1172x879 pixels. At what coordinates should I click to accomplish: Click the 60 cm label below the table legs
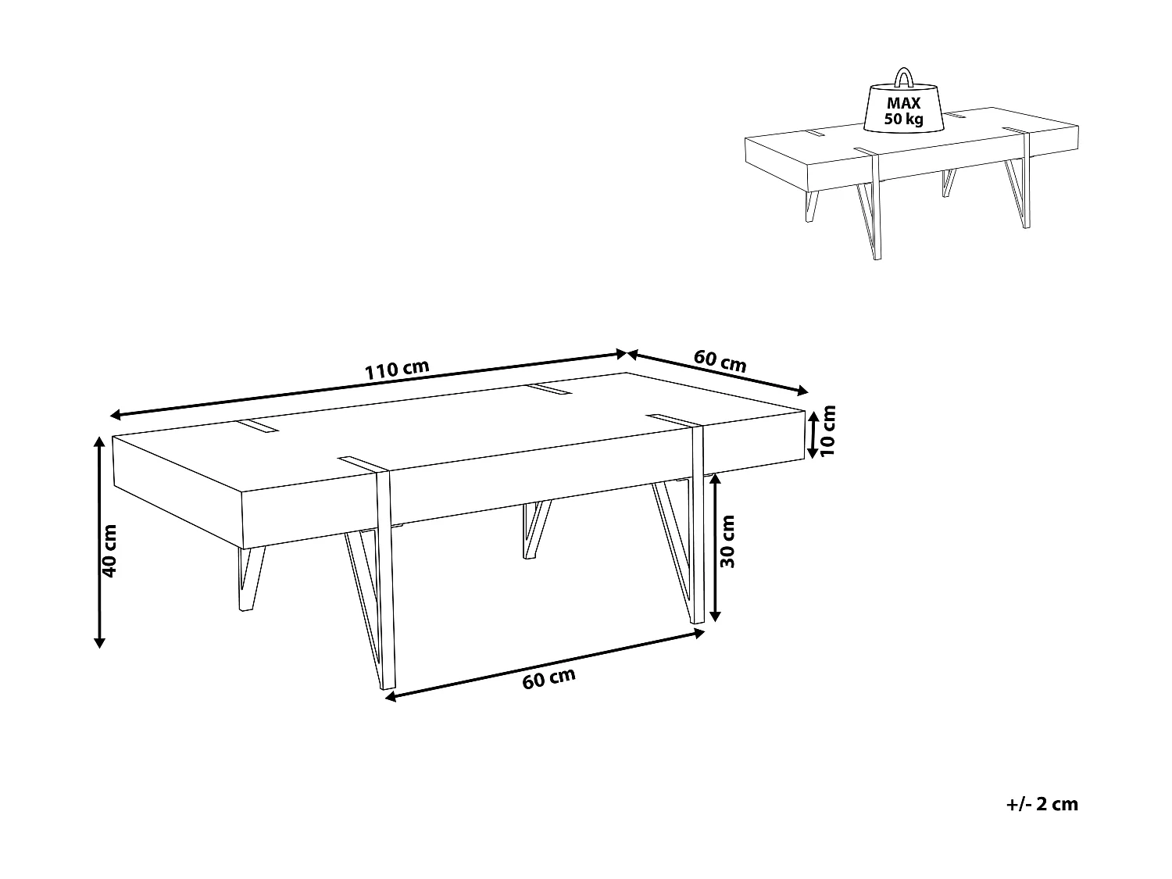pyautogui.click(x=548, y=679)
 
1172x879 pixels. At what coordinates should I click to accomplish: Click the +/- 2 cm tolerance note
pyautogui.click(x=1042, y=804)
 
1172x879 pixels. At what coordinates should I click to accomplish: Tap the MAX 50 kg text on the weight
pyautogui.click(x=903, y=111)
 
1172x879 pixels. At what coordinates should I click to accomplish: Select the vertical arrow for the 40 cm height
pyautogui.click(x=99, y=541)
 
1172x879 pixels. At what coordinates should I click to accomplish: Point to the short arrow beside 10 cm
pyautogui.click(x=813, y=434)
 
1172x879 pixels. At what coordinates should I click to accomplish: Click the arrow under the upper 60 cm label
pyautogui.click(x=717, y=373)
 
